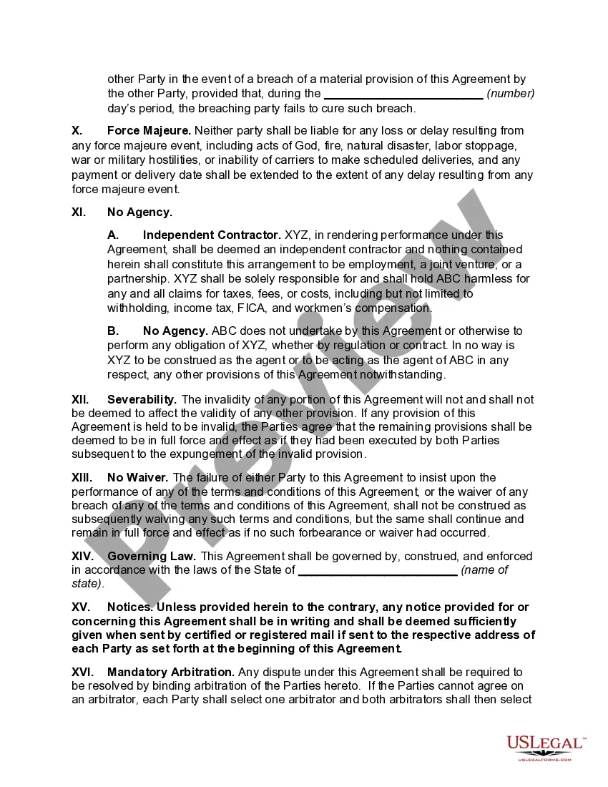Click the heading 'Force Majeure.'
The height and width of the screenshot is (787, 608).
point(149,131)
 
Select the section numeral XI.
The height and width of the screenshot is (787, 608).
point(79,212)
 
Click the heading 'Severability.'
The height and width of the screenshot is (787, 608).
point(142,399)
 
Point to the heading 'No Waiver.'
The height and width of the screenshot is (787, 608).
point(137,477)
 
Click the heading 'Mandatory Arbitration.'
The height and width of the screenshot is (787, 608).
point(171,672)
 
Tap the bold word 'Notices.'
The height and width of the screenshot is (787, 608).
point(129,607)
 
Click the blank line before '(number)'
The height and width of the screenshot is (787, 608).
point(403,94)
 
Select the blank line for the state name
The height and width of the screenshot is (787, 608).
point(377,570)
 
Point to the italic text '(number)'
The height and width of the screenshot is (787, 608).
point(511,94)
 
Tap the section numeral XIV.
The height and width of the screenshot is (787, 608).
point(82,556)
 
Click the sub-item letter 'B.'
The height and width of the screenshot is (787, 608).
point(113,331)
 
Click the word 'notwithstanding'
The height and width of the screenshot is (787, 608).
point(405,375)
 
